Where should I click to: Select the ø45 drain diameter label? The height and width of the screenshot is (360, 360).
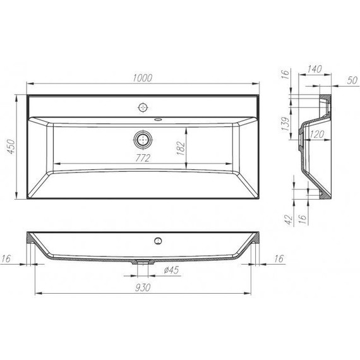(x=172, y=272)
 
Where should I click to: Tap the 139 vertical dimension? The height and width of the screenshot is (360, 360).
(x=285, y=124)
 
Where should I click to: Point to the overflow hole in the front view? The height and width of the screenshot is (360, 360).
(x=157, y=240)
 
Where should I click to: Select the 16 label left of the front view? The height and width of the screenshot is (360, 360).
(x=7, y=259)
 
